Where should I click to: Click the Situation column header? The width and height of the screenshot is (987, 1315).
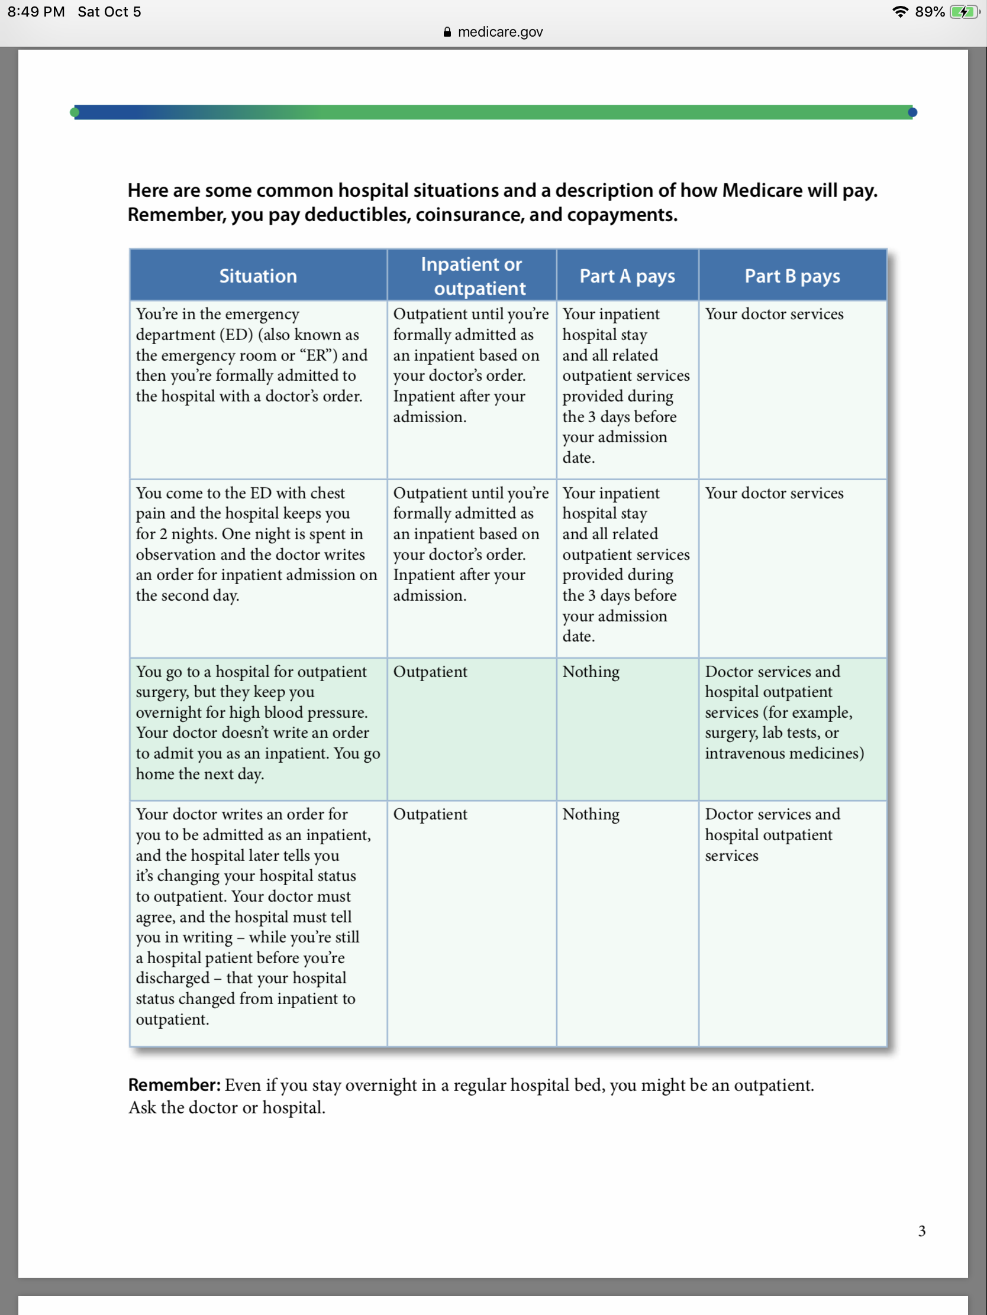coord(257,276)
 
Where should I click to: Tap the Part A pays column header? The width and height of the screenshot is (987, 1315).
coord(627,276)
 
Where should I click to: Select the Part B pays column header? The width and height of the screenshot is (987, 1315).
coord(792,276)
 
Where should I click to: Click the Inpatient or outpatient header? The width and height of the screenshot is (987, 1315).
coord(471,276)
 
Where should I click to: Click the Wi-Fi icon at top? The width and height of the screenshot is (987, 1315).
coord(900,12)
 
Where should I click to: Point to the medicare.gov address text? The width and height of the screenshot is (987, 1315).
coord(500,32)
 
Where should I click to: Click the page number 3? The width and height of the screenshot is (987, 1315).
coord(921,1230)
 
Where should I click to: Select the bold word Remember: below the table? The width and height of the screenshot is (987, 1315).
coord(174,1085)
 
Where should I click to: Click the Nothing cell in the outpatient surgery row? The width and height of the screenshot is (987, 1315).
coord(591,672)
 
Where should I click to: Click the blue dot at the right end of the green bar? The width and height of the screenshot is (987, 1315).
coord(912,112)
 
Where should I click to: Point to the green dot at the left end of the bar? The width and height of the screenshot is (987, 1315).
coord(75,112)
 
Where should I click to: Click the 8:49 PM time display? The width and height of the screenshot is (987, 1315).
coord(36,12)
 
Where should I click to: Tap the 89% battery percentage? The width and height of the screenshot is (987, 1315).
coord(929,12)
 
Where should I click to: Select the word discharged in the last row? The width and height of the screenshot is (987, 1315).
coord(173,978)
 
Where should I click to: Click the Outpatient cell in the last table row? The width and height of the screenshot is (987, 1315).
coord(430,814)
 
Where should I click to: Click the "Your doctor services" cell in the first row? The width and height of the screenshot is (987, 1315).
coord(774,314)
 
